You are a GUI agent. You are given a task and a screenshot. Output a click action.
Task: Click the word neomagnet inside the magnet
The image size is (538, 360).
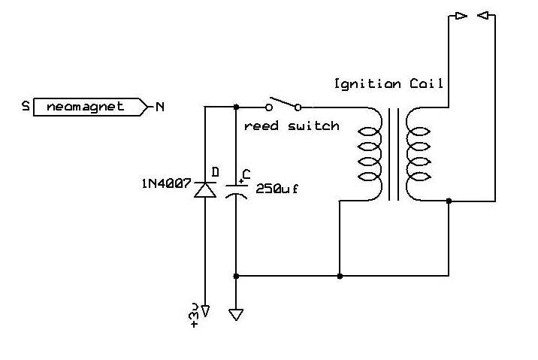tap(85, 107)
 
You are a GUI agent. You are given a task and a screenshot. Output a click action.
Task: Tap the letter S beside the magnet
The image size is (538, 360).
tap(26, 106)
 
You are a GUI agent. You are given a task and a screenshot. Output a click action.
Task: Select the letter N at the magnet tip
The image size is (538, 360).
tap(160, 107)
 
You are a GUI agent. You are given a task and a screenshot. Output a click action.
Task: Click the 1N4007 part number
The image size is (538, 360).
tap(166, 183)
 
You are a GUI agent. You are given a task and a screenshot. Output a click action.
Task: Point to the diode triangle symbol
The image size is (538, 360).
tap(205, 190)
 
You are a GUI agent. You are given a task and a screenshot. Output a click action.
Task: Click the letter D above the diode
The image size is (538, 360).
tap(215, 171)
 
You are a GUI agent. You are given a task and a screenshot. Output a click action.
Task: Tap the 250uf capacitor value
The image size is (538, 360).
tap(277, 189)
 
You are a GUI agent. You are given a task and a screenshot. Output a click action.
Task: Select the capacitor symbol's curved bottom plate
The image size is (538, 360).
tap(236, 195)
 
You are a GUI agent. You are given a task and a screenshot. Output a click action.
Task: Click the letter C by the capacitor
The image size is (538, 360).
tap(246, 174)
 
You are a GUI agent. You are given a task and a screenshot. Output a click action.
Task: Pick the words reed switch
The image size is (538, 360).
tap(292, 126)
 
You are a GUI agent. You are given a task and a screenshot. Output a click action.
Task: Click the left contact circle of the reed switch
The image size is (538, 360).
tap(269, 107)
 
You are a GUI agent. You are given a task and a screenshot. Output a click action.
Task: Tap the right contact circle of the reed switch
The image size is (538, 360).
tap(298, 107)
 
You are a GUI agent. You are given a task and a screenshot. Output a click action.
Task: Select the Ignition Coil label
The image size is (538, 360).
tap(388, 83)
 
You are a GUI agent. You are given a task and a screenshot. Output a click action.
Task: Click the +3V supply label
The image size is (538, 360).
tap(194, 315)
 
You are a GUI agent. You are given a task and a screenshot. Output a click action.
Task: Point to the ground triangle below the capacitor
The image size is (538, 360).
tap(236, 314)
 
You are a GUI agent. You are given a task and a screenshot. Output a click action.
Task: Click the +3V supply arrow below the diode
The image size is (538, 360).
tap(205, 311)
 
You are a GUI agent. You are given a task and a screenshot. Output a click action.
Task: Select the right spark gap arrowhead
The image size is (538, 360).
tap(483, 16)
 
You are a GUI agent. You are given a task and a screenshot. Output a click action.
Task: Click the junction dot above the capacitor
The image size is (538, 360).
tap(236, 107)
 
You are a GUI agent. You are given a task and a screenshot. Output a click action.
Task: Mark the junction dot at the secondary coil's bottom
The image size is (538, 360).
tap(449, 201)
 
